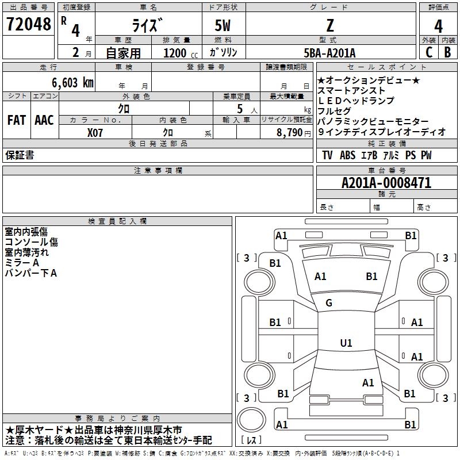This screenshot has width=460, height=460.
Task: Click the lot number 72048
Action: click(x=28, y=25)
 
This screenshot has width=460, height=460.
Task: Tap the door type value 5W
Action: click(x=224, y=25)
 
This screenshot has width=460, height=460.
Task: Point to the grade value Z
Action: click(x=329, y=25)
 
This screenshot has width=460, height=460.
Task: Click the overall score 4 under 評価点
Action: click(x=438, y=26)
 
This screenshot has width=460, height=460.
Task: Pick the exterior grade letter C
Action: click(x=428, y=52)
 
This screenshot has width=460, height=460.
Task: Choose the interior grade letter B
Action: click(x=447, y=52)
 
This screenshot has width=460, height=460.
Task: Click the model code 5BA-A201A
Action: click(x=329, y=53)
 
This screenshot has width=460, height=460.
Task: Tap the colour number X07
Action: click(x=95, y=132)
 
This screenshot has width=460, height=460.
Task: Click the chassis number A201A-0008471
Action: click(x=386, y=183)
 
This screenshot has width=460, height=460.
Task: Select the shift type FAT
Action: click(x=16, y=120)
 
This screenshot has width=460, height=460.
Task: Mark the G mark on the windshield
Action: click(x=329, y=303)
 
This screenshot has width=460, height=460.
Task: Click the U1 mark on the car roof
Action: click(x=346, y=343)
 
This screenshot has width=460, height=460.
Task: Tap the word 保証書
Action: click(x=20, y=155)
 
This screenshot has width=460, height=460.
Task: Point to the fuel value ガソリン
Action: click(x=224, y=53)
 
